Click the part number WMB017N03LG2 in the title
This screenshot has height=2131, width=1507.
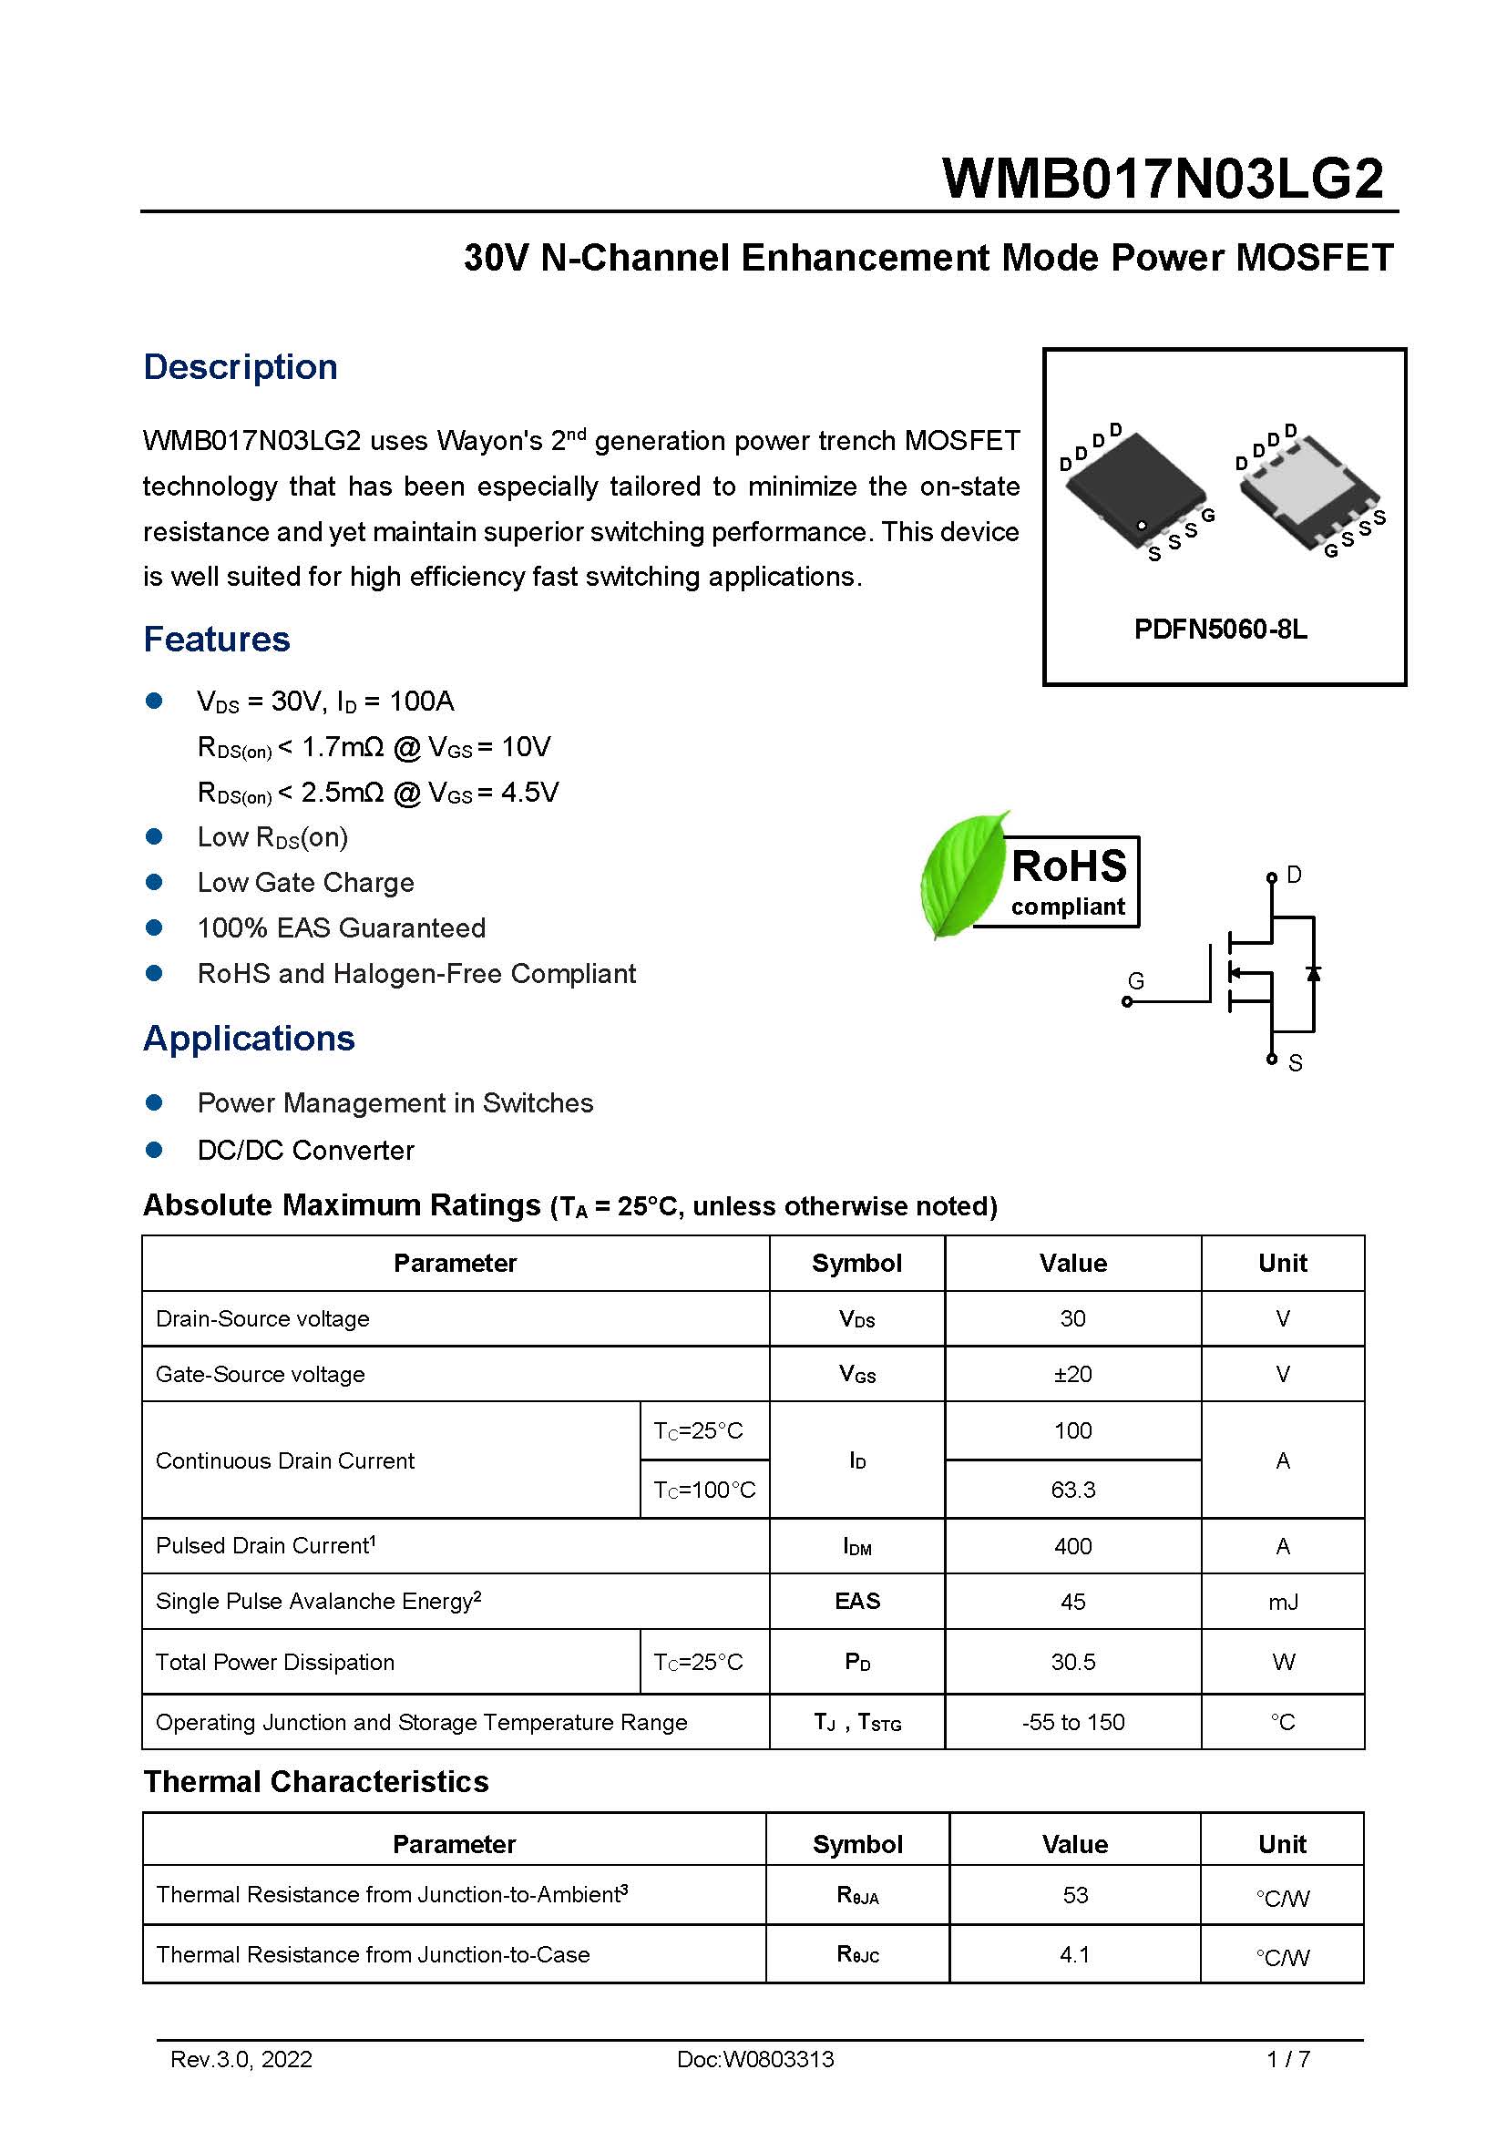pos(1162,179)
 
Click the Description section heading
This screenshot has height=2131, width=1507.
pos(240,366)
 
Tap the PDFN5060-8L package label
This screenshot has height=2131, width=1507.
pos(1219,630)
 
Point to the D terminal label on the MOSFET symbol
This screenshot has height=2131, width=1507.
pos(1294,875)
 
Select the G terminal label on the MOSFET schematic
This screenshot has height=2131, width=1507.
pos(1135,980)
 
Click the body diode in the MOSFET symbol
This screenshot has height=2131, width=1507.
pos(1313,973)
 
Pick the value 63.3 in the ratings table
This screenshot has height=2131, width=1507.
pos(1072,1490)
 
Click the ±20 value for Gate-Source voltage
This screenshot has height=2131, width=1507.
pos(1072,1374)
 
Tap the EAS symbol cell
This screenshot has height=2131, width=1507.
pos(856,1601)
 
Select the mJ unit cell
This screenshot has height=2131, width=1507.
pos(1283,1601)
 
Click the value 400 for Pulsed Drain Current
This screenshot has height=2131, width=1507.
pos(1072,1546)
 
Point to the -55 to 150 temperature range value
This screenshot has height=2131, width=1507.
pos(1072,1723)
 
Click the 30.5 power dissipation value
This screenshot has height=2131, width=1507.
pos(1072,1663)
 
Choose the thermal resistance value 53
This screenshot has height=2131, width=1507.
pos(1074,1895)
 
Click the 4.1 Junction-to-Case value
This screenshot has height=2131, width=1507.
pos(1074,1954)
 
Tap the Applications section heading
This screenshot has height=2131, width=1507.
pos(249,1038)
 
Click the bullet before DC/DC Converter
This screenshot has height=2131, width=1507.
pos(154,1150)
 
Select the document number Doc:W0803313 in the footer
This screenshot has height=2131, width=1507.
pos(754,2060)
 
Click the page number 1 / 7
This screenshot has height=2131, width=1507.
pos(1288,2060)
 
